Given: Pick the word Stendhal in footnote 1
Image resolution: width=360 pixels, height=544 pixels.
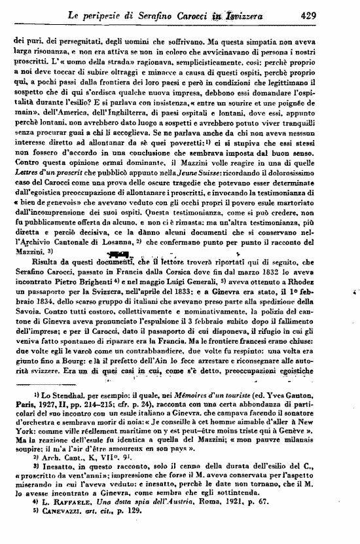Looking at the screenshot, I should pyautogui.click(x=58, y=397).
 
